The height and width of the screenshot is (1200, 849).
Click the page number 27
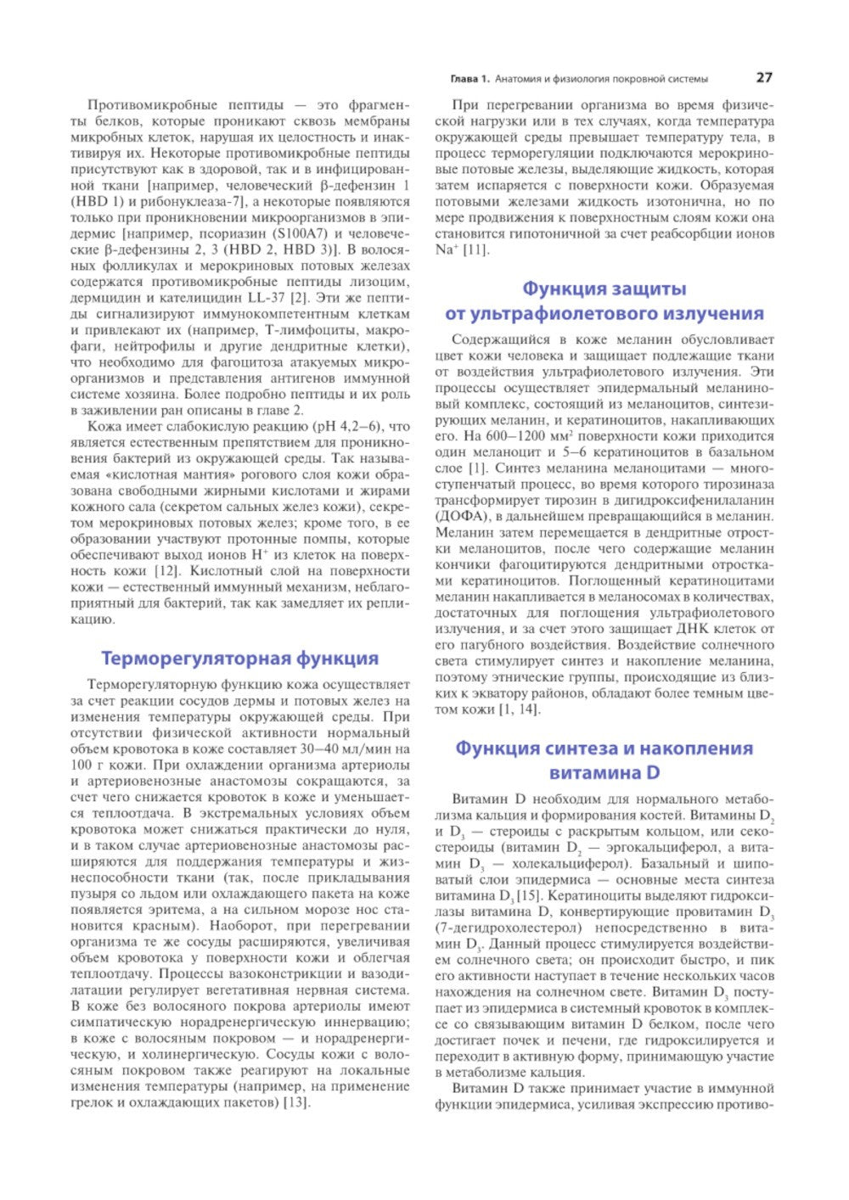tap(764, 77)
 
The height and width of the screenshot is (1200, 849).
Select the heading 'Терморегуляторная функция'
tap(239, 659)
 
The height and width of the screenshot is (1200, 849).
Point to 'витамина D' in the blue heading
tap(604, 773)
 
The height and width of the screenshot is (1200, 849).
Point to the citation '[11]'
tap(475, 250)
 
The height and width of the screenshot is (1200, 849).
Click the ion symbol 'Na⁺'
tap(447, 250)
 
